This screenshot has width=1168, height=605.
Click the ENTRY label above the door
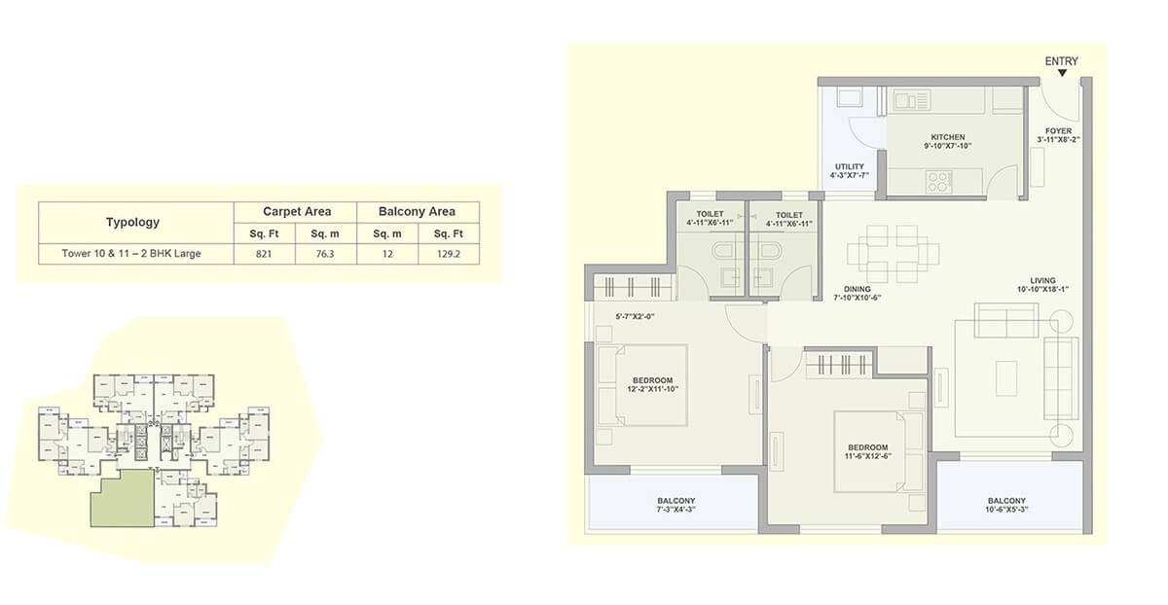(x=1061, y=61)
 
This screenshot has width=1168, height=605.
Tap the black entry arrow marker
(x=1062, y=74)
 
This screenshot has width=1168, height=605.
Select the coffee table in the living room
(x=1006, y=374)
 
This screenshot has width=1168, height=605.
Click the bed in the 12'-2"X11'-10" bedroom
(x=643, y=385)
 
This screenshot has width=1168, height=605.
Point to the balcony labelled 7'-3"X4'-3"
(x=675, y=505)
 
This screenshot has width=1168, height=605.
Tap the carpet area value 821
(x=264, y=254)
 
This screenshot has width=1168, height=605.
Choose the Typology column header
(x=132, y=222)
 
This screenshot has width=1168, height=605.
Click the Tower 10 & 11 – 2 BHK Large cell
(x=132, y=254)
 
